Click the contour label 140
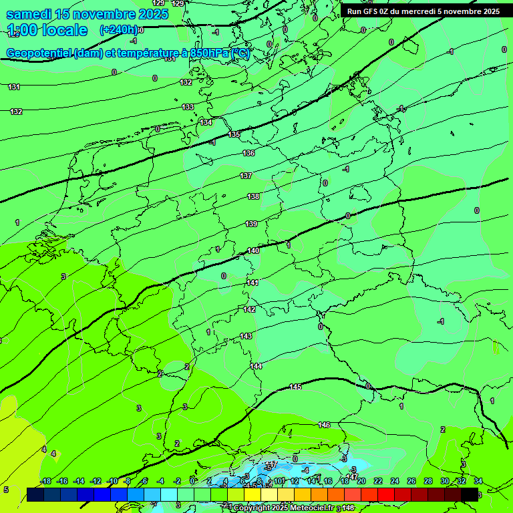(x=253, y=251)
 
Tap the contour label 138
(x=253, y=196)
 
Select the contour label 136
(x=248, y=154)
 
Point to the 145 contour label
(x=296, y=387)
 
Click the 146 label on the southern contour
(x=325, y=425)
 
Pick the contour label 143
(x=246, y=336)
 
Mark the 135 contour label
(x=234, y=135)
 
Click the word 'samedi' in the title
(x=31, y=14)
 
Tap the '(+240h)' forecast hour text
(x=120, y=30)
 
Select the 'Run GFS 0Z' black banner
(x=423, y=11)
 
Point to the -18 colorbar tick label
(x=45, y=481)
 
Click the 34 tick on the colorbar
(x=478, y=481)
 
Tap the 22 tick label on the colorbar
(x=377, y=481)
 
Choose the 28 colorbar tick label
(x=428, y=481)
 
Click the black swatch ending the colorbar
(x=470, y=494)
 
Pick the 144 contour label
(x=256, y=366)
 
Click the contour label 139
(x=251, y=224)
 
